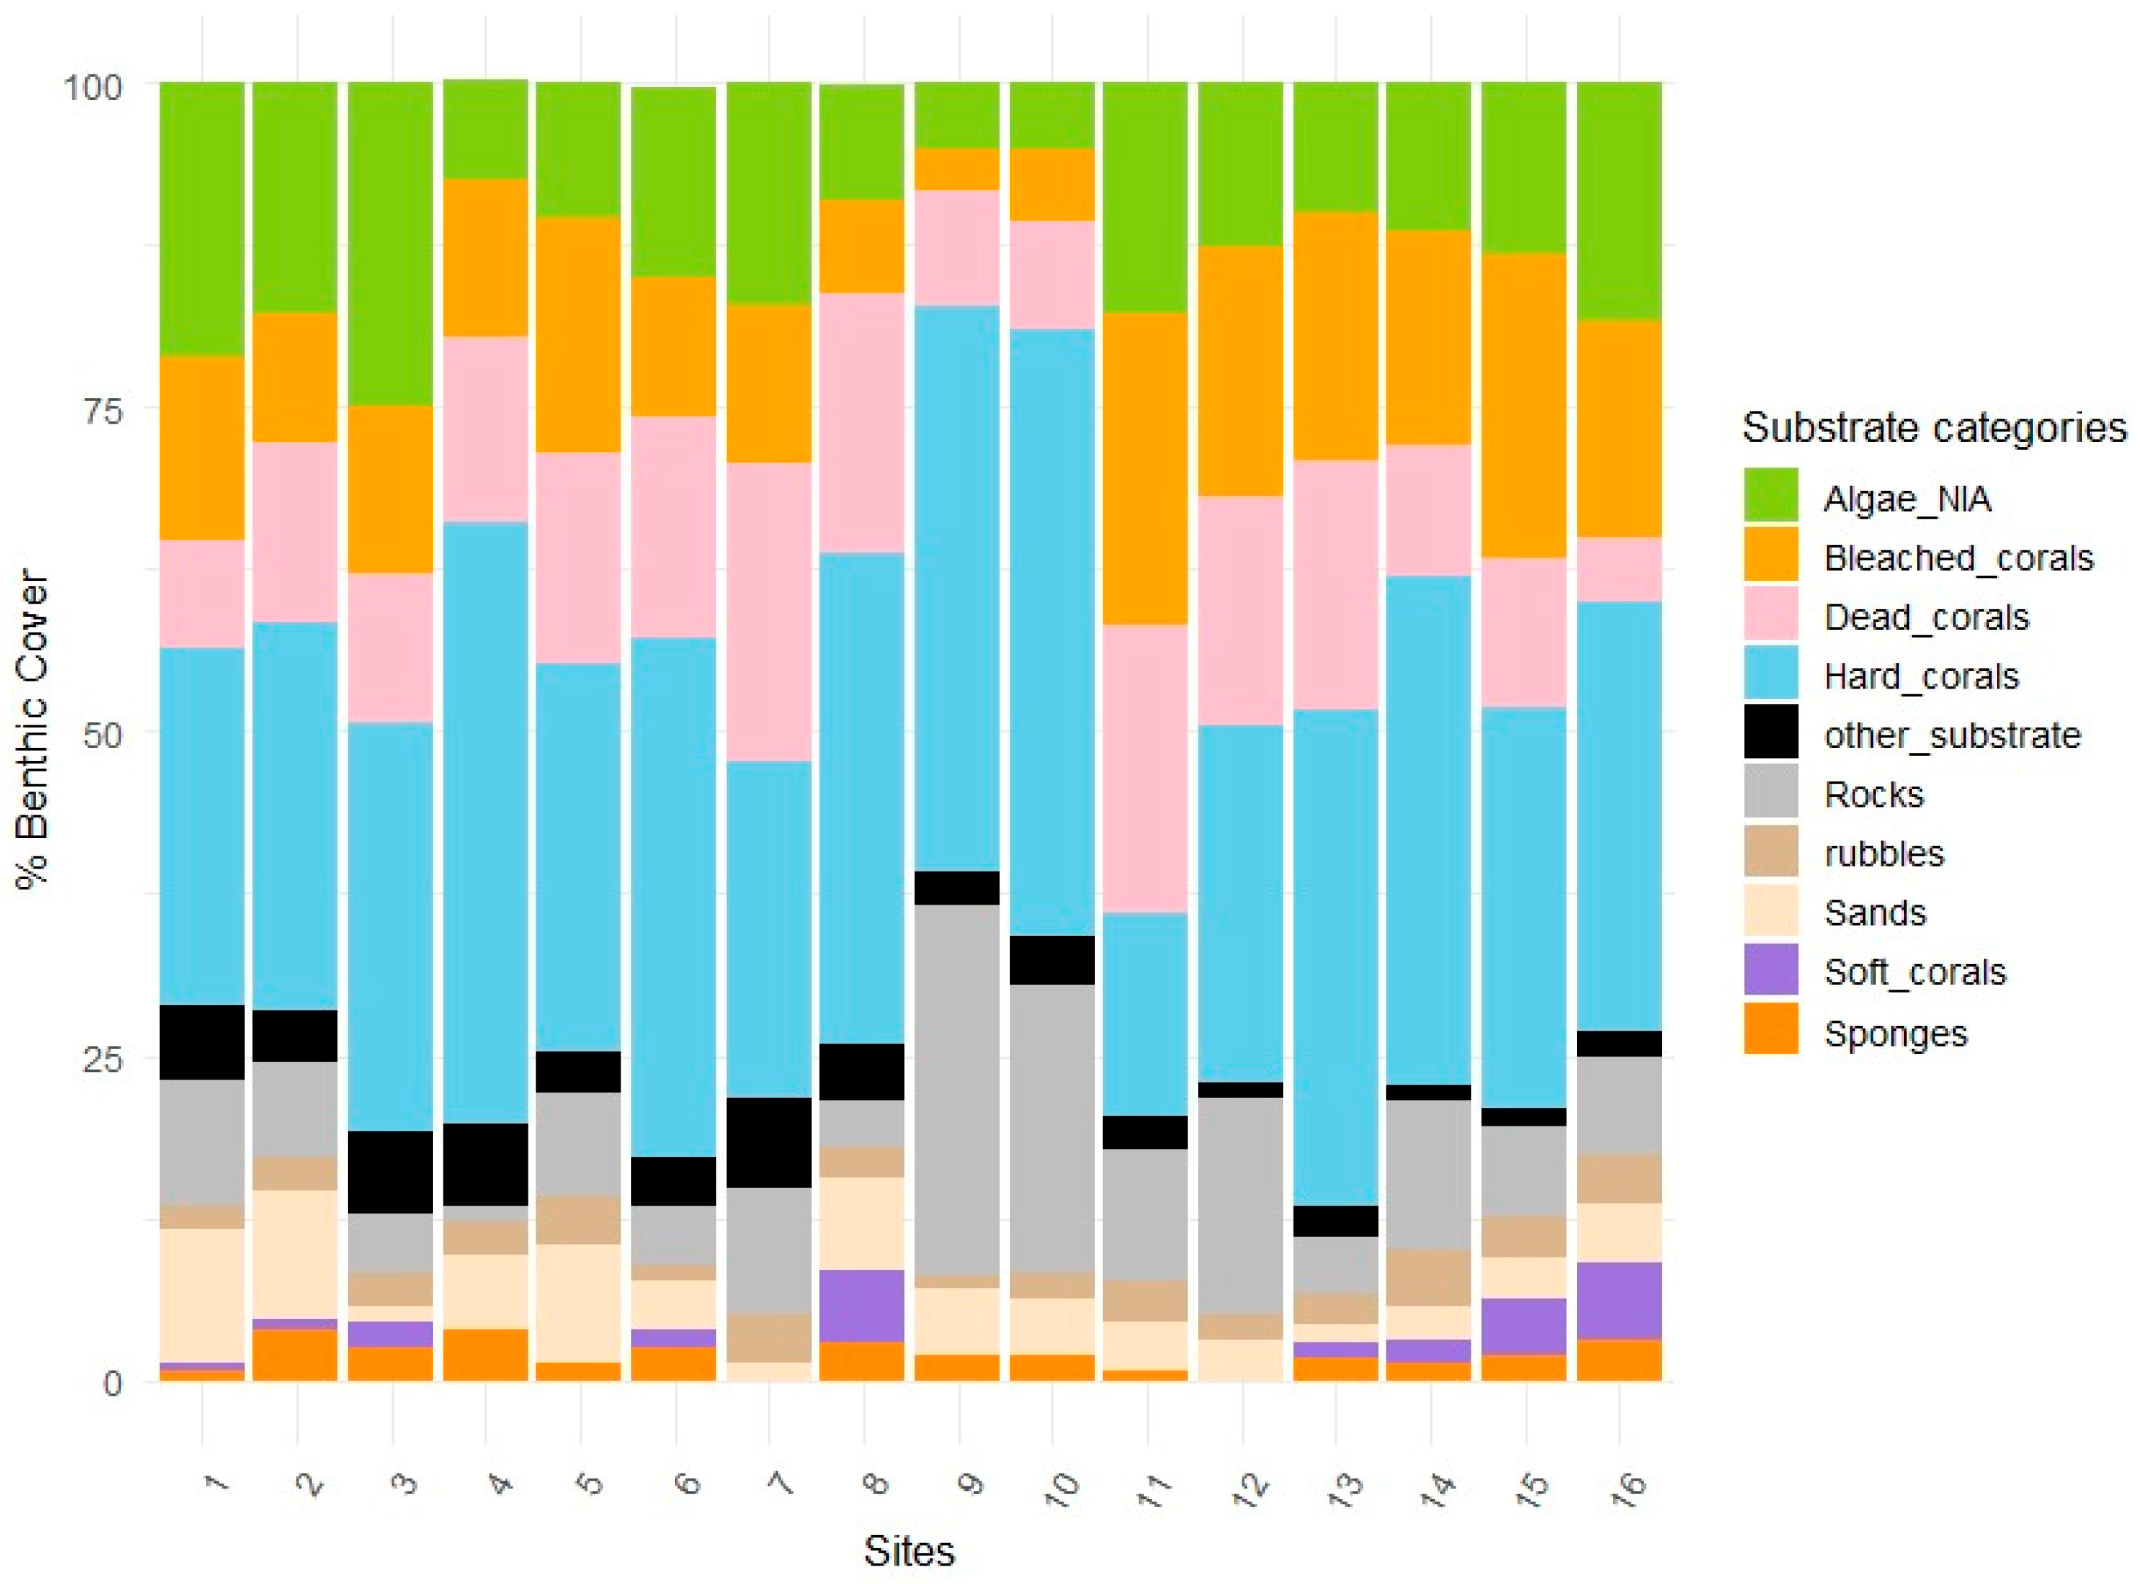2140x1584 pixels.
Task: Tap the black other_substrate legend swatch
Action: [x=1770, y=733]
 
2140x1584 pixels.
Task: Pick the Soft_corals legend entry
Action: [x=1914, y=971]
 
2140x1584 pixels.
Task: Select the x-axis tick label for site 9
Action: [x=970, y=1484]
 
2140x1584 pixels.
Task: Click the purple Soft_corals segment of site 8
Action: [x=861, y=1305]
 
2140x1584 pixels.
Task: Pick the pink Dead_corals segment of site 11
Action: [x=1145, y=768]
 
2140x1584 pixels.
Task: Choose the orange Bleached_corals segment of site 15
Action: [x=1524, y=405]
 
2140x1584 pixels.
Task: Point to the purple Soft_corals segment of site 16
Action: [x=1619, y=1299]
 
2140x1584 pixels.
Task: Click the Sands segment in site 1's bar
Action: [x=201, y=1294]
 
